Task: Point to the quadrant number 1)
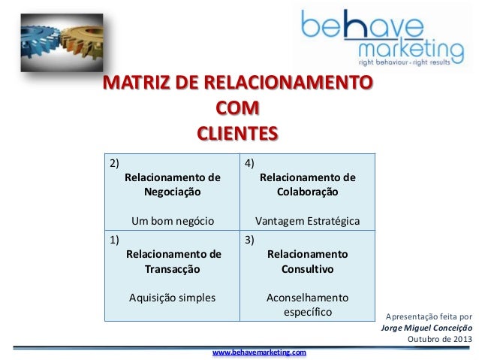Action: [114, 240]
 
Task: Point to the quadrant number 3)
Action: [249, 240]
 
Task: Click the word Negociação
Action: [173, 192]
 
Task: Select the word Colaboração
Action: [307, 192]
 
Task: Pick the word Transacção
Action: [173, 268]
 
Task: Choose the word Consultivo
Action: [307, 268]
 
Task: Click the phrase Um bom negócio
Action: [173, 221]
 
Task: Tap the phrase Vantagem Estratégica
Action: [307, 221]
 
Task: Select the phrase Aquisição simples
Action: [173, 297]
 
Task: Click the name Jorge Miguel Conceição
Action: [427, 328]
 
